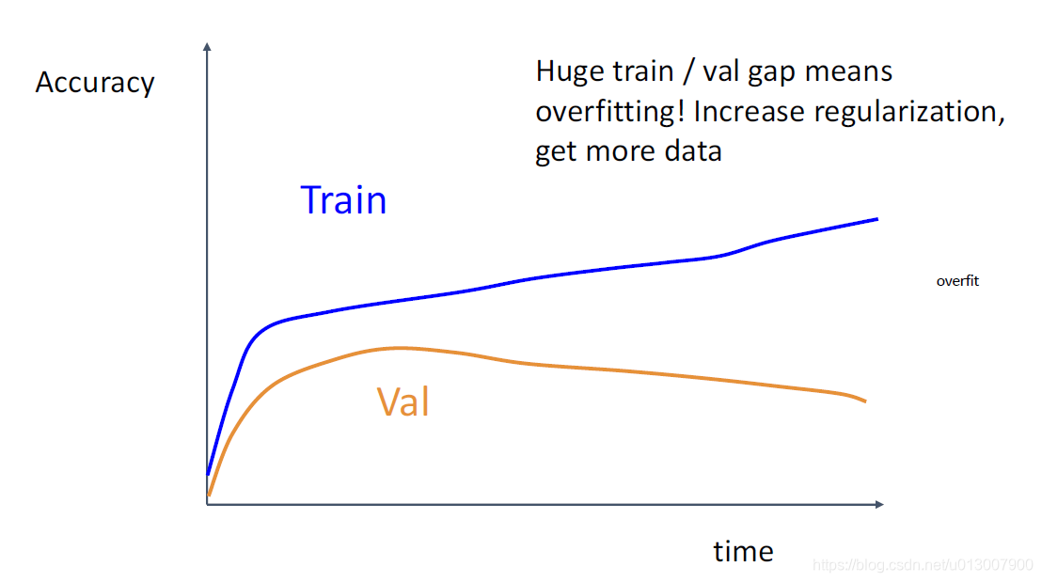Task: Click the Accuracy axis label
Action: (x=95, y=84)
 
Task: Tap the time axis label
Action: (x=744, y=551)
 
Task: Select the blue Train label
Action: (x=343, y=200)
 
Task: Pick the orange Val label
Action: (x=403, y=402)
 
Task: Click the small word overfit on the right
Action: (x=957, y=281)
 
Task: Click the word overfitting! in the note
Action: (x=610, y=112)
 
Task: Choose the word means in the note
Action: (x=848, y=72)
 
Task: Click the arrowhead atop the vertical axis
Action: (x=207, y=46)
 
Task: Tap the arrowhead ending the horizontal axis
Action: (x=880, y=504)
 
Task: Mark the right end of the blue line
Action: (x=877, y=218)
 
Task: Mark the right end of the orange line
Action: (x=865, y=401)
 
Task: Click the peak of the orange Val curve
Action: (x=400, y=348)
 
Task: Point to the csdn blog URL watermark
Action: (x=924, y=565)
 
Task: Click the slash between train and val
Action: (x=688, y=72)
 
